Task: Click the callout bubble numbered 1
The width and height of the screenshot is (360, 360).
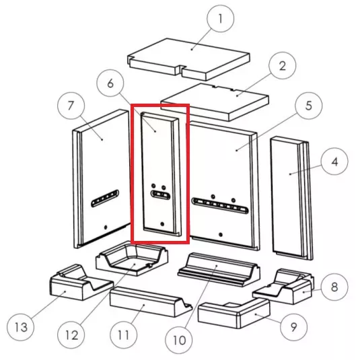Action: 221,19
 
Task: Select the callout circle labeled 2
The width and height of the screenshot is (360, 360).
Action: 283,66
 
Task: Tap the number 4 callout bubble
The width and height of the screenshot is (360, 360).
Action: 334,161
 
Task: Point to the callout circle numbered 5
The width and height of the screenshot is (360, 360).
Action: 309,106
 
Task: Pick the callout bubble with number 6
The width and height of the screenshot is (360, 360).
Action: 110,83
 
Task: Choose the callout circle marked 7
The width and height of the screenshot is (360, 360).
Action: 71,106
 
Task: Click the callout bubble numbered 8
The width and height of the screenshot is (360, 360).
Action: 334,287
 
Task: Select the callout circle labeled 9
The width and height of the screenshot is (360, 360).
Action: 293,327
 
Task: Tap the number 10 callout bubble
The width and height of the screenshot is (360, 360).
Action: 179,340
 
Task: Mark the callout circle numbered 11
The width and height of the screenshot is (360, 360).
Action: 124,335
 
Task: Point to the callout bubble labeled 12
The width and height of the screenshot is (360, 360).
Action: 71,335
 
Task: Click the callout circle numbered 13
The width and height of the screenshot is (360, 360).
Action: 21,327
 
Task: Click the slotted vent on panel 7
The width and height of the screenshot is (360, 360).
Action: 105,199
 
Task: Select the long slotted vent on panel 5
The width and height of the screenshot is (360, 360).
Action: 221,205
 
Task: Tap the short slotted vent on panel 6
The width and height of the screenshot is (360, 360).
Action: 160,195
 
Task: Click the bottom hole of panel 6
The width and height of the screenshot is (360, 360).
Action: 162,224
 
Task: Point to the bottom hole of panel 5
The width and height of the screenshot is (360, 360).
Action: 221,235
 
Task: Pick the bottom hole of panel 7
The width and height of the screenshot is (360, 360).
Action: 106,227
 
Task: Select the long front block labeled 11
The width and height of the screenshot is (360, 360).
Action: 151,302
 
